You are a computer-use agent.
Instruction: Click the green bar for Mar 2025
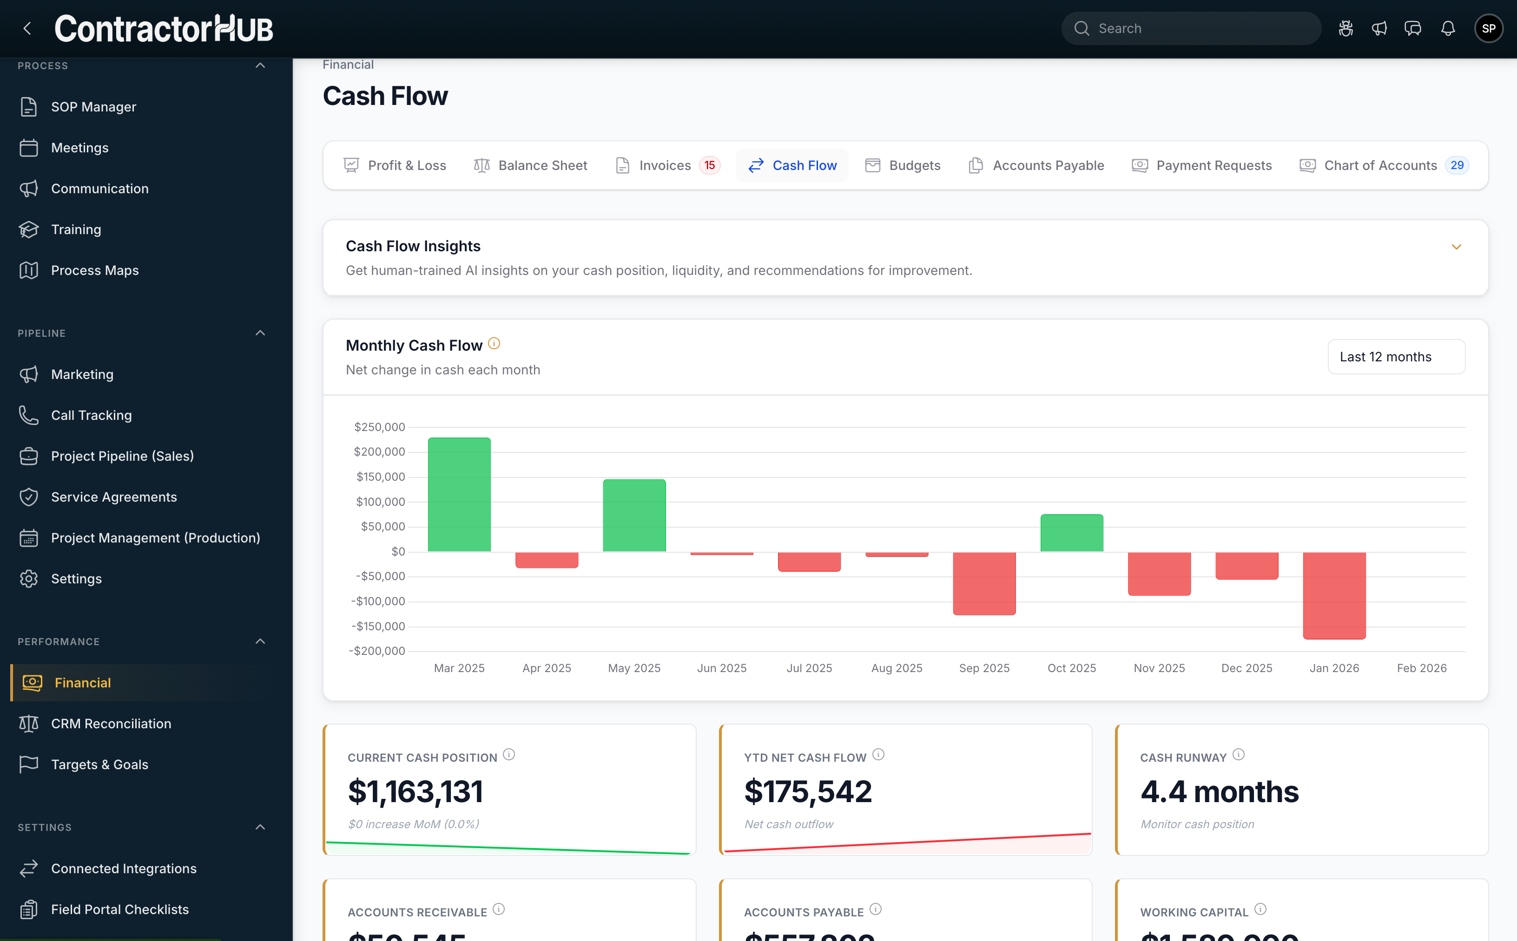pyautogui.click(x=459, y=494)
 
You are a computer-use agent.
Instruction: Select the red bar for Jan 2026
pyautogui.click(x=1334, y=595)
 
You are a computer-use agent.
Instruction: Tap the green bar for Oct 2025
pyautogui.click(x=1071, y=533)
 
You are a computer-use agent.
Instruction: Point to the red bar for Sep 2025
pyautogui.click(x=984, y=583)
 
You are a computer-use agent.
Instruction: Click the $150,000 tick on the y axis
pyautogui.click(x=380, y=477)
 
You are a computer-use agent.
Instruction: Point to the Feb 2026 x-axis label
pyautogui.click(x=1421, y=668)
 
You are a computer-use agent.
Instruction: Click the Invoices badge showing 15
pyautogui.click(x=709, y=165)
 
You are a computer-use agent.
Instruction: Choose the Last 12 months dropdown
pyautogui.click(x=1396, y=357)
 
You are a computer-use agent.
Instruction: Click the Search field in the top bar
pyautogui.click(x=1191, y=29)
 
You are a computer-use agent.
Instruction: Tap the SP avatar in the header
pyautogui.click(x=1488, y=29)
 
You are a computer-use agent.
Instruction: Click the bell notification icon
pyautogui.click(x=1448, y=29)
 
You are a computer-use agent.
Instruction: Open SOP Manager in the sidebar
pyautogui.click(x=93, y=107)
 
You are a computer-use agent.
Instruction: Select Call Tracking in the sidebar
pyautogui.click(x=91, y=415)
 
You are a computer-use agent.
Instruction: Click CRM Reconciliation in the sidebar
pyautogui.click(x=111, y=724)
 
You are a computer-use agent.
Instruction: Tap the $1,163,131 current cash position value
pyautogui.click(x=416, y=791)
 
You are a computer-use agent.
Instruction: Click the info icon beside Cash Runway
pyautogui.click(x=1239, y=755)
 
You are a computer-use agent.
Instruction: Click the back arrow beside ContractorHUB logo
pyautogui.click(x=27, y=29)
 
